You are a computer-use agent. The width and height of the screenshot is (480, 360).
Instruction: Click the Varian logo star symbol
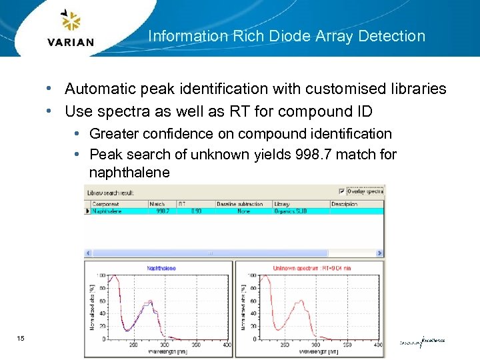pyautogui.click(x=70, y=21)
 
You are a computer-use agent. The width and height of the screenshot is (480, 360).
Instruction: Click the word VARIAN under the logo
pyautogui.click(x=71, y=42)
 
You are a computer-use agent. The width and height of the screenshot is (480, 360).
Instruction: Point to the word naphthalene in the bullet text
pyautogui.click(x=129, y=173)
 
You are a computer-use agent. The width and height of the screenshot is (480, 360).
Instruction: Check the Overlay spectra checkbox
pyautogui.click(x=342, y=191)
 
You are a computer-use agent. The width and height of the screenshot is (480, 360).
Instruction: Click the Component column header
pyautogui.click(x=105, y=203)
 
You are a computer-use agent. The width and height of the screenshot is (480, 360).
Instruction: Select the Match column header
pyautogui.click(x=157, y=203)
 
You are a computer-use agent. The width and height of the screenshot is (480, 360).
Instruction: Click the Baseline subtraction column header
pyautogui.click(x=240, y=203)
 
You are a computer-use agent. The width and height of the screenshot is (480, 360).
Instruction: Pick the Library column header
pyautogui.click(x=282, y=203)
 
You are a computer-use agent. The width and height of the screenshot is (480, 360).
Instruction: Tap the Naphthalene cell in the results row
pyautogui.click(x=107, y=211)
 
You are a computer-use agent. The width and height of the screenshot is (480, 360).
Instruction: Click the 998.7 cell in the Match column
pyautogui.click(x=162, y=211)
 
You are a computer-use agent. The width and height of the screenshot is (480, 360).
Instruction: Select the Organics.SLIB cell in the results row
pyautogui.click(x=291, y=211)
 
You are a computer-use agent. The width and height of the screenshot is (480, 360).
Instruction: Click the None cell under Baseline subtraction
pyautogui.click(x=243, y=211)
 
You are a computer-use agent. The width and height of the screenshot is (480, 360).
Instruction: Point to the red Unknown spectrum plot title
pyautogui.click(x=312, y=268)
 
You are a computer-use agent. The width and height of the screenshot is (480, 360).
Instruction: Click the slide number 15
pyautogui.click(x=21, y=339)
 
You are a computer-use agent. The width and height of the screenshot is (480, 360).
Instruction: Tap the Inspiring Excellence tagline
pyautogui.click(x=423, y=341)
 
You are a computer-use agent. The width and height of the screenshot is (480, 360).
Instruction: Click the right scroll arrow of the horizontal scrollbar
pyautogui.click(x=380, y=253)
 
